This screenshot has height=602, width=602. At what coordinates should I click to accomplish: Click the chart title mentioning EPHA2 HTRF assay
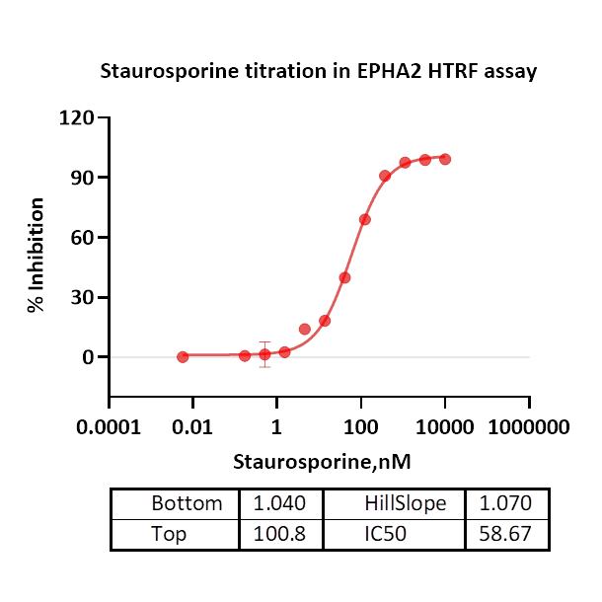[319, 72]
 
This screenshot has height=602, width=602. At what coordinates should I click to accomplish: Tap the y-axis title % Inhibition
[37, 255]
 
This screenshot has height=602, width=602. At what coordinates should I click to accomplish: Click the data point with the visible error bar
[264, 353]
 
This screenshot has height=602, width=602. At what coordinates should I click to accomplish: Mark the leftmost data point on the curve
[183, 356]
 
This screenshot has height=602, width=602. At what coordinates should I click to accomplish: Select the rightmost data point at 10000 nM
[445, 159]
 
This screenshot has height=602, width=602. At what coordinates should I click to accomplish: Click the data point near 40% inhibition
[344, 277]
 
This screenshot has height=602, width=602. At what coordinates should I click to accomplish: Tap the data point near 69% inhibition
[365, 219]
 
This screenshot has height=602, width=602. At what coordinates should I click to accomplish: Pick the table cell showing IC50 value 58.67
[506, 534]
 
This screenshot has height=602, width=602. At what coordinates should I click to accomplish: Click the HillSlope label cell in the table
[405, 503]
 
